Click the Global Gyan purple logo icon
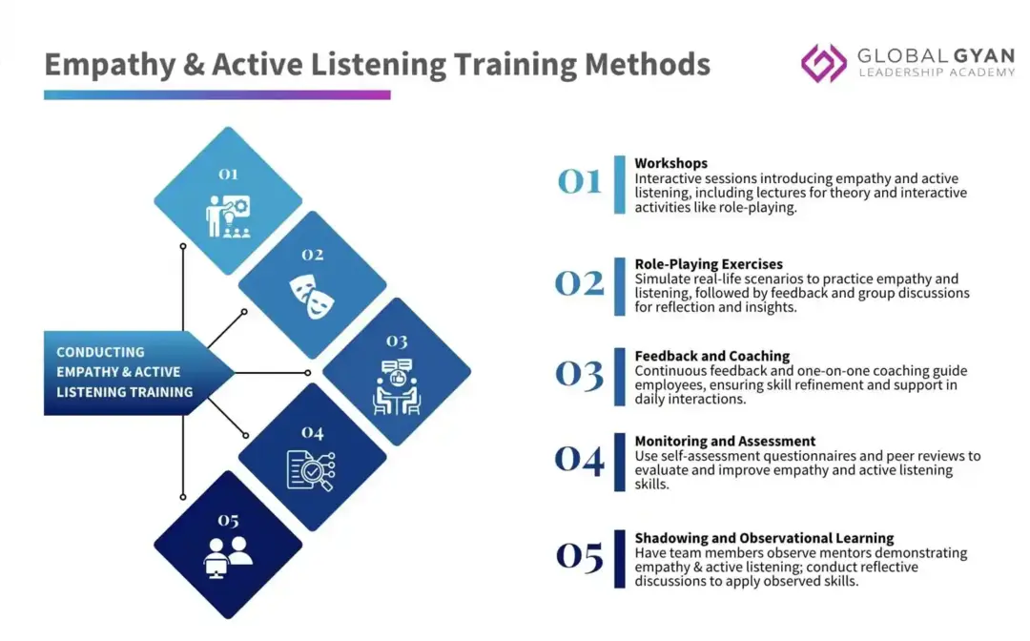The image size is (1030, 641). (824, 63)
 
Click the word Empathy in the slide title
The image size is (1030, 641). (110, 65)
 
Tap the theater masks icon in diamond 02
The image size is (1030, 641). (312, 297)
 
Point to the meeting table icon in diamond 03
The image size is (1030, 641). (397, 387)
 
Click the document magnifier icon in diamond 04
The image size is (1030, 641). (311, 470)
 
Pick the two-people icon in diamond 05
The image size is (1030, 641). (228, 557)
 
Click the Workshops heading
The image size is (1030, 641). (670, 163)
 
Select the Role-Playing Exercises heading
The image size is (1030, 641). (709, 264)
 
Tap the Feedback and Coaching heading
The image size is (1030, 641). (712, 356)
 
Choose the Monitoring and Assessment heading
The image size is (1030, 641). (725, 442)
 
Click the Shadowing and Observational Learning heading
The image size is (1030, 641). (764, 538)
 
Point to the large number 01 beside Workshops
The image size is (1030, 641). (580, 181)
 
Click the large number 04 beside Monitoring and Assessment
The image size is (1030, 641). (580, 460)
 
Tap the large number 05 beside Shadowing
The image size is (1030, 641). (580, 556)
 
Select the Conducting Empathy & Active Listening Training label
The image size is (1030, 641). (125, 372)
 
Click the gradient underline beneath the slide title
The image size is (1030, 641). (216, 95)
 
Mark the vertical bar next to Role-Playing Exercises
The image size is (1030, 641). (620, 286)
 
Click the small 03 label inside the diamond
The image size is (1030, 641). (397, 341)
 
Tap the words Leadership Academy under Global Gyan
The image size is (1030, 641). (937, 72)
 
